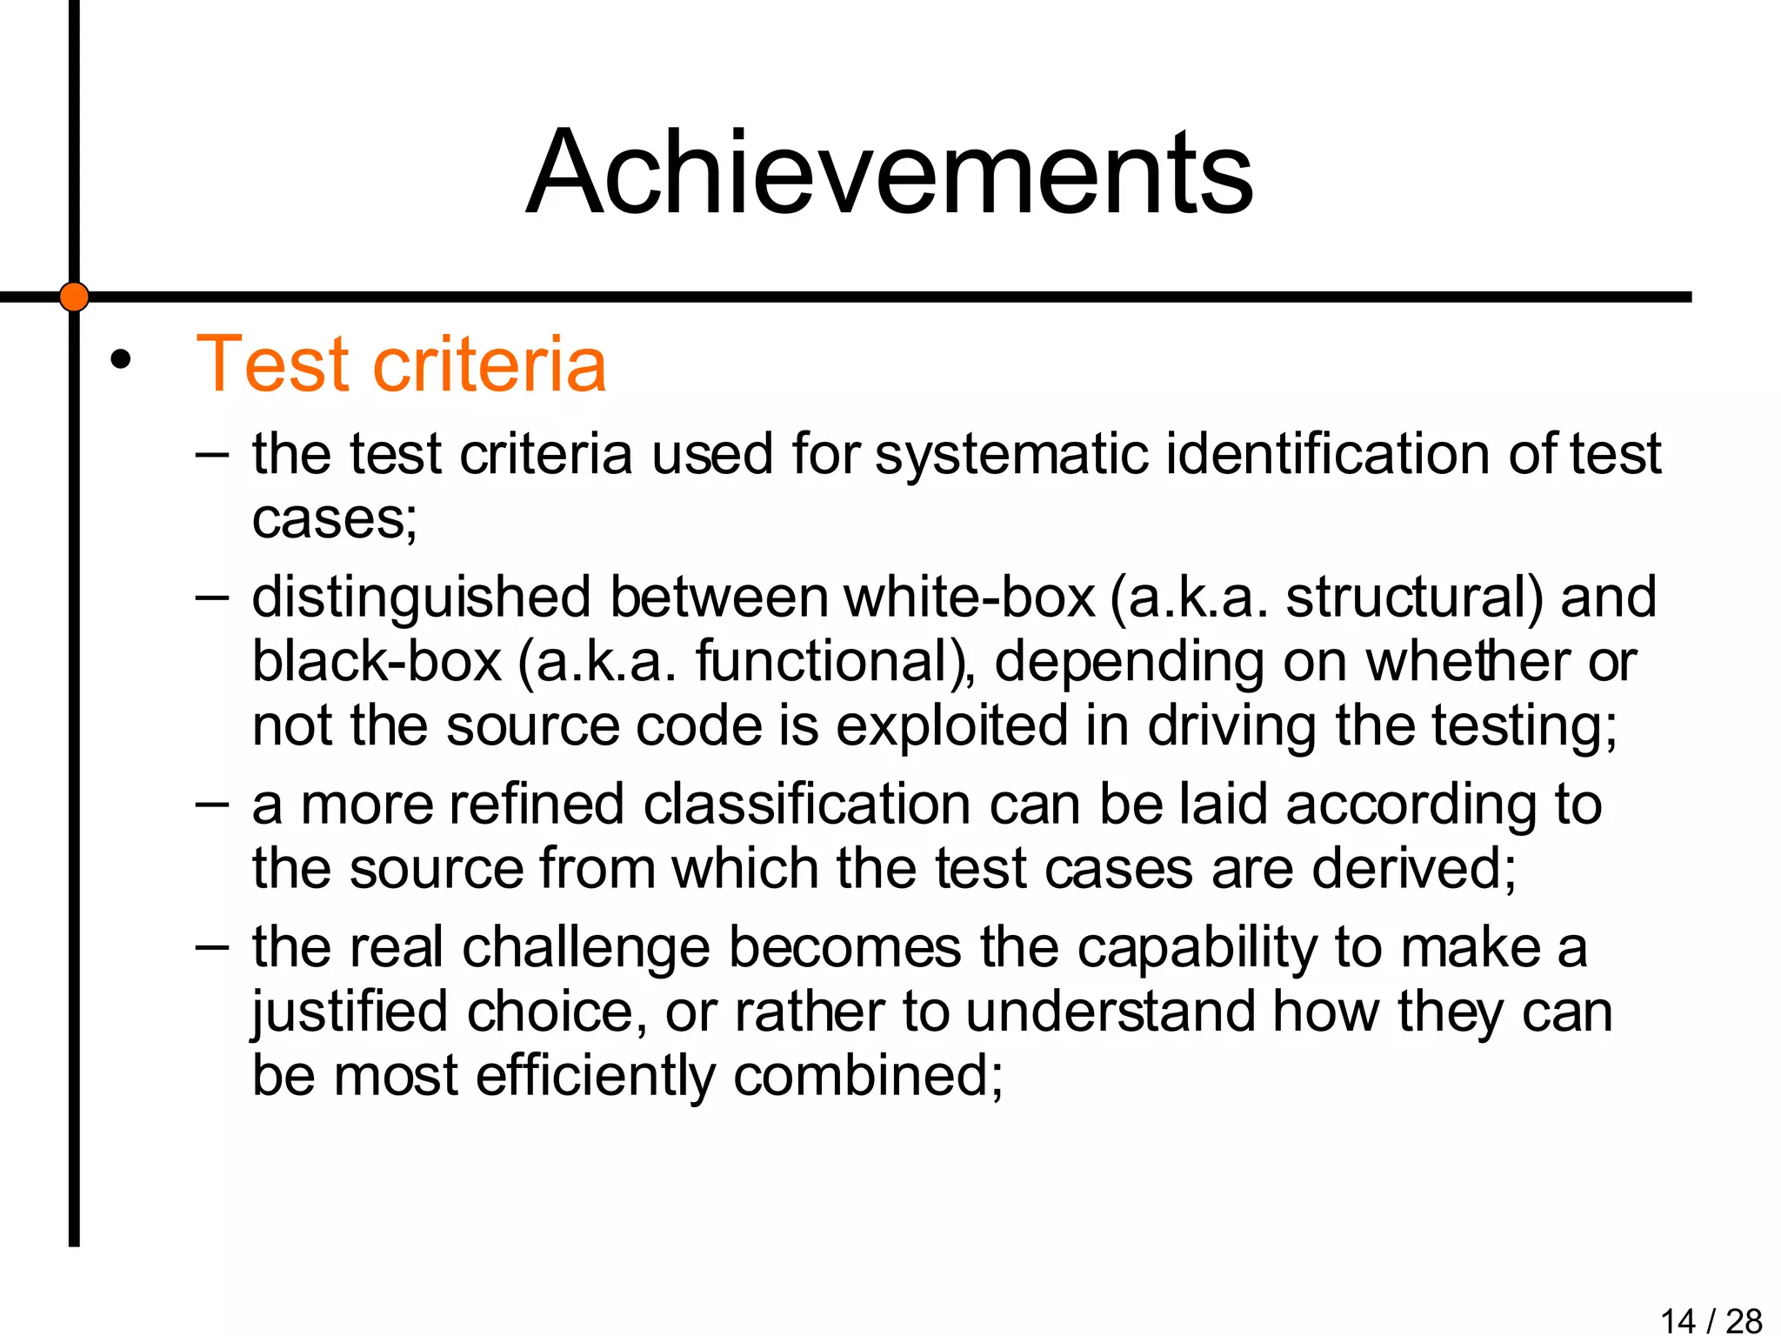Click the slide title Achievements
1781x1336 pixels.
click(890, 172)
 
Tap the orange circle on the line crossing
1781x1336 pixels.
click(74, 297)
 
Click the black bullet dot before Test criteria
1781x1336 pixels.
click(120, 359)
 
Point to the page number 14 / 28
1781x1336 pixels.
click(1711, 1320)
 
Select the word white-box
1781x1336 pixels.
click(969, 598)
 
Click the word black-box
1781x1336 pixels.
click(377, 662)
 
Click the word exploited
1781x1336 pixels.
click(951, 726)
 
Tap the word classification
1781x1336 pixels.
click(806, 804)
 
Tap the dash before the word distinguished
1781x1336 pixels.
click(212, 597)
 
